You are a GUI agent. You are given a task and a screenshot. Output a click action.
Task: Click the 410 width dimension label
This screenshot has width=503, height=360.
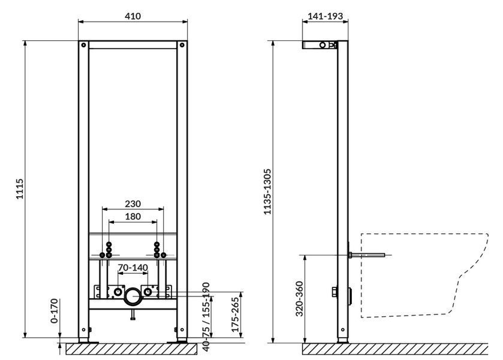(133, 16)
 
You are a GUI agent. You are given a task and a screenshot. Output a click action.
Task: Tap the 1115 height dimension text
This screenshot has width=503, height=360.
(20, 189)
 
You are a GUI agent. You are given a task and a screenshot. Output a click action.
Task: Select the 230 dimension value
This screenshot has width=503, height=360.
(133, 203)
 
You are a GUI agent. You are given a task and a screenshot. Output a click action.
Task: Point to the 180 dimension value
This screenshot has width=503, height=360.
(133, 217)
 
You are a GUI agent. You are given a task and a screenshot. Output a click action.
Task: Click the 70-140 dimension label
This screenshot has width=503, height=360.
(133, 268)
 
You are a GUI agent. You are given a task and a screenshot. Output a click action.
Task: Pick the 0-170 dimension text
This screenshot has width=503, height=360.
(55, 311)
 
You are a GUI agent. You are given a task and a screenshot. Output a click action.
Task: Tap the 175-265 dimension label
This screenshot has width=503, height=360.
(236, 315)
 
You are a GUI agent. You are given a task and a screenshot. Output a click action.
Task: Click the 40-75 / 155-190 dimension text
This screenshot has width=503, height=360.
(206, 316)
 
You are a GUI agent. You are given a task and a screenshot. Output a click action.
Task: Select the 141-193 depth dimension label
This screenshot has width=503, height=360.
(326, 16)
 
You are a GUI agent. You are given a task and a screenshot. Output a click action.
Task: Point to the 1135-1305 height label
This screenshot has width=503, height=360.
(267, 192)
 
